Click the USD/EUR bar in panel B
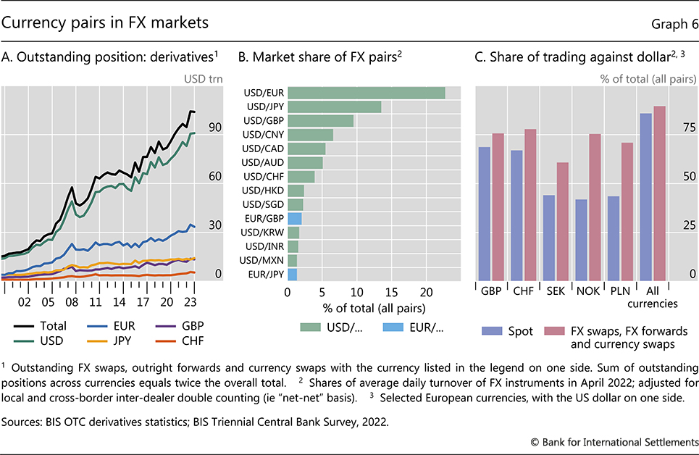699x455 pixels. (x=366, y=93)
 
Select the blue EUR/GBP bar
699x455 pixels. (x=294, y=218)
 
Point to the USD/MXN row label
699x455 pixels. (x=263, y=260)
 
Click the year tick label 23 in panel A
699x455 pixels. (x=191, y=301)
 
